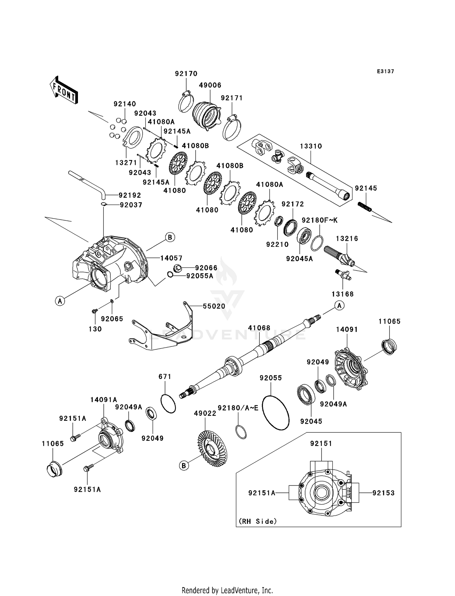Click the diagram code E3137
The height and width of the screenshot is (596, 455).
[385, 71]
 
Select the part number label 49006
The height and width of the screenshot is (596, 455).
[210, 85]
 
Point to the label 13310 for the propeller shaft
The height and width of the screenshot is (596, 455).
[311, 146]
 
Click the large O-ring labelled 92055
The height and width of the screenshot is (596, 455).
[275, 413]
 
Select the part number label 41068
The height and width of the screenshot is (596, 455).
[259, 328]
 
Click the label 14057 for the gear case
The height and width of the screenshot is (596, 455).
[171, 258]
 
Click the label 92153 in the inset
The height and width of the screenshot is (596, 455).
[383, 493]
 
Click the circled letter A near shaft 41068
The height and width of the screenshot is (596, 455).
[339, 305]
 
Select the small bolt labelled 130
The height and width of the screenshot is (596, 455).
[95, 311]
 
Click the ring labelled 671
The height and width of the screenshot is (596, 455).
[167, 404]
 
